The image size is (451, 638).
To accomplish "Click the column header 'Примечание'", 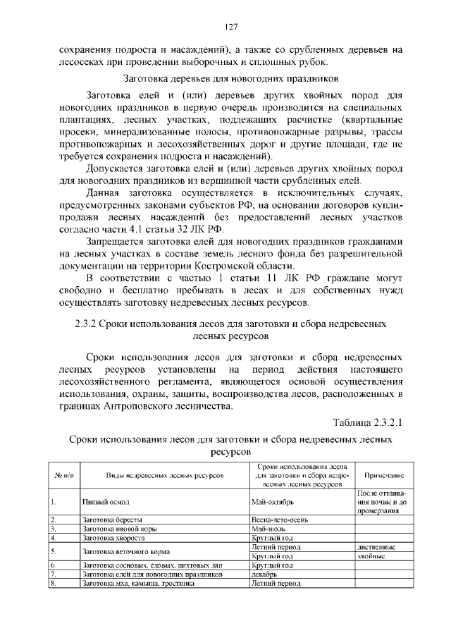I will click(383, 476).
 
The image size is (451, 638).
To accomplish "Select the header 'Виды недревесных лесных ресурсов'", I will click(164, 476).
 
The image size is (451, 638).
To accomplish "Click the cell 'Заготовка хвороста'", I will click(113, 536).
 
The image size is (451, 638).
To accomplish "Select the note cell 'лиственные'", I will click(376, 546).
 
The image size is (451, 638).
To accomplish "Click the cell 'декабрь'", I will click(264, 574).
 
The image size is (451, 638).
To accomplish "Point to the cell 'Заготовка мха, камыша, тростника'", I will click(136, 583).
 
